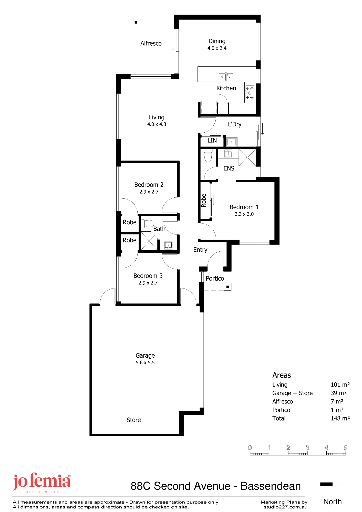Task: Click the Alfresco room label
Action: click(151, 44)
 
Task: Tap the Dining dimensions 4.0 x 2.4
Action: click(217, 48)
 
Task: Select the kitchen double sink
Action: click(226, 77)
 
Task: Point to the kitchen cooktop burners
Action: click(250, 93)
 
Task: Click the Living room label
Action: click(157, 117)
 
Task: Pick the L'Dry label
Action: click(235, 124)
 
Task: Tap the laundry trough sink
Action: click(232, 142)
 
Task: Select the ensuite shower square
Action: click(247, 157)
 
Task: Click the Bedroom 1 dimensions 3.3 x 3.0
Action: click(244, 214)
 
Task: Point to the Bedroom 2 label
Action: click(149, 185)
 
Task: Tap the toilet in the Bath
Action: click(148, 223)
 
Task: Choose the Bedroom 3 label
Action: click(148, 276)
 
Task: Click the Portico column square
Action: click(227, 287)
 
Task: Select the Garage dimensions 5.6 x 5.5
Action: click(145, 362)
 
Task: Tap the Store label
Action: click(134, 420)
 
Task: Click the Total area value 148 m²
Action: click(340, 418)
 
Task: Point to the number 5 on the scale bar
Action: click(346, 448)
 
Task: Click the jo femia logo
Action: click(42, 483)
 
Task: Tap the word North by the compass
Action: click(333, 502)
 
